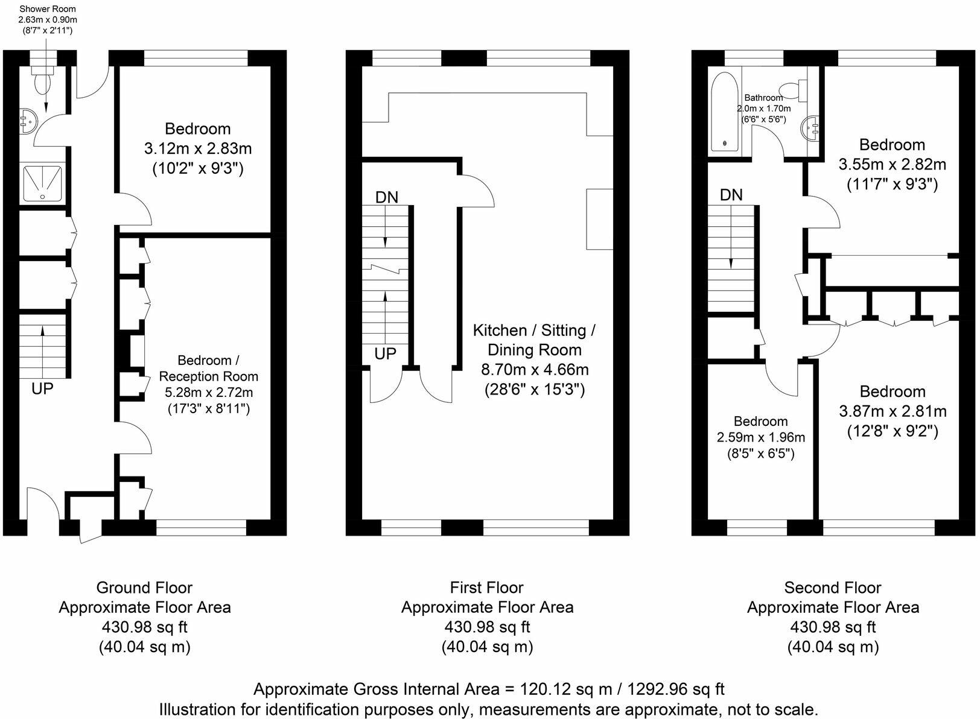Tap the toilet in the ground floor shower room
pyautogui.click(x=43, y=81)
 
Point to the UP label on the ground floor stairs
pyautogui.click(x=42, y=388)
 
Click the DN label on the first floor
pyautogui.click(x=387, y=197)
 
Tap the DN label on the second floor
pyautogui.click(x=731, y=195)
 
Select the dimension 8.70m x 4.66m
pyautogui.click(x=535, y=370)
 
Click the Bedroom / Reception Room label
pyautogui.click(x=208, y=368)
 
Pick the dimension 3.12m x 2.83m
pyautogui.click(x=197, y=148)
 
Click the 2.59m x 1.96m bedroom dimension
pyautogui.click(x=760, y=437)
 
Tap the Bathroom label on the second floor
pyautogui.click(x=763, y=98)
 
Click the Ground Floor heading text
pyautogui.click(x=144, y=588)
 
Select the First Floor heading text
pyautogui.click(x=486, y=588)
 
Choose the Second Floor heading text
pyautogui.click(x=832, y=588)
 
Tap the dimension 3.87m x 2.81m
pyautogui.click(x=892, y=411)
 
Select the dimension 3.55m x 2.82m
pyautogui.click(x=892, y=164)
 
